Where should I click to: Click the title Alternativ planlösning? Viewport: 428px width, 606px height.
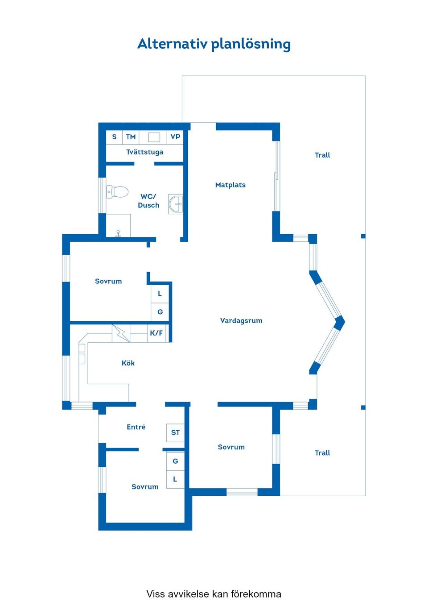click(214, 44)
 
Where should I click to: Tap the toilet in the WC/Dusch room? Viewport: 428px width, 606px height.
click(117, 192)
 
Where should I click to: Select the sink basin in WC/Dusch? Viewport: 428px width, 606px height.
click(176, 204)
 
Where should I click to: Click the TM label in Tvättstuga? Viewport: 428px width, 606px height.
click(131, 137)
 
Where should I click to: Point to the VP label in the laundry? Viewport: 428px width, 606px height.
click(175, 137)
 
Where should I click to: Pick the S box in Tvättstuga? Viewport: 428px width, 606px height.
click(114, 137)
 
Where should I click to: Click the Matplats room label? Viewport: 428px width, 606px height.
click(230, 185)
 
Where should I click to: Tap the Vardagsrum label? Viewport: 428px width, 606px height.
click(241, 320)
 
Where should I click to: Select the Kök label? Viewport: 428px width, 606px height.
click(128, 363)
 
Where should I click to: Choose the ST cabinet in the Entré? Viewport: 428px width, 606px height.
click(175, 432)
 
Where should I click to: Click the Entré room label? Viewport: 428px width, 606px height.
click(136, 427)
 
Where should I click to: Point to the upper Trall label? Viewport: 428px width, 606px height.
click(322, 155)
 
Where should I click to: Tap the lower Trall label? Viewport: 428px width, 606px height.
click(322, 453)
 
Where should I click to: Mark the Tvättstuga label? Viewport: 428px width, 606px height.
click(145, 152)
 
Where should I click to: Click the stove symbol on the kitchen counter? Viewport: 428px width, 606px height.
click(121, 333)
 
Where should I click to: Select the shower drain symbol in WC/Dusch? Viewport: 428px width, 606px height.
click(118, 234)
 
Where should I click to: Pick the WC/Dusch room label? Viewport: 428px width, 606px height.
click(148, 201)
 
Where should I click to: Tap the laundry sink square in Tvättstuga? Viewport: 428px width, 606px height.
click(154, 137)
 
